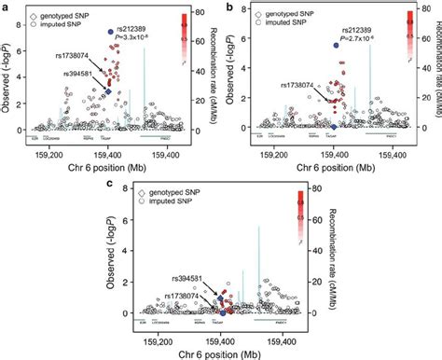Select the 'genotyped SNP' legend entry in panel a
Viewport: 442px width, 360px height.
coord(61,17)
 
